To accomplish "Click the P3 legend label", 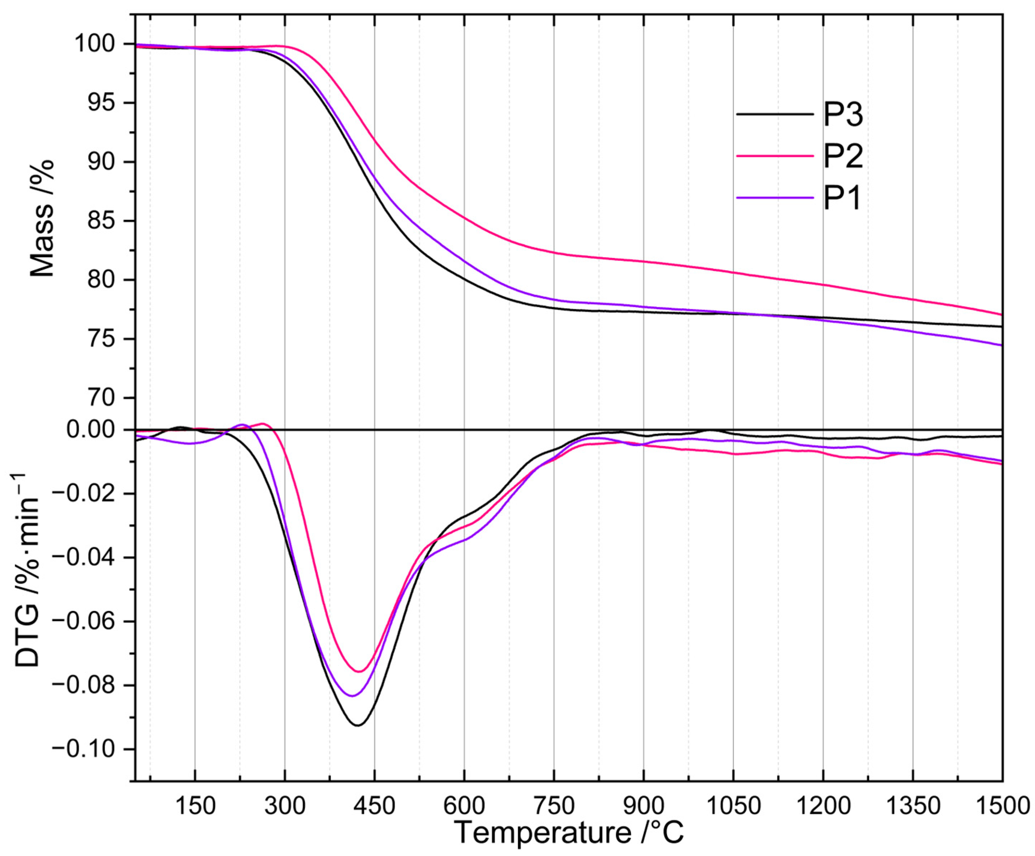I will coord(843,115).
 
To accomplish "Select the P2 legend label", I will coord(843,156).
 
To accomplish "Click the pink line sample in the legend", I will coord(775,156).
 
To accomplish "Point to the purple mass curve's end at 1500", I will coord(1002,345).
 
